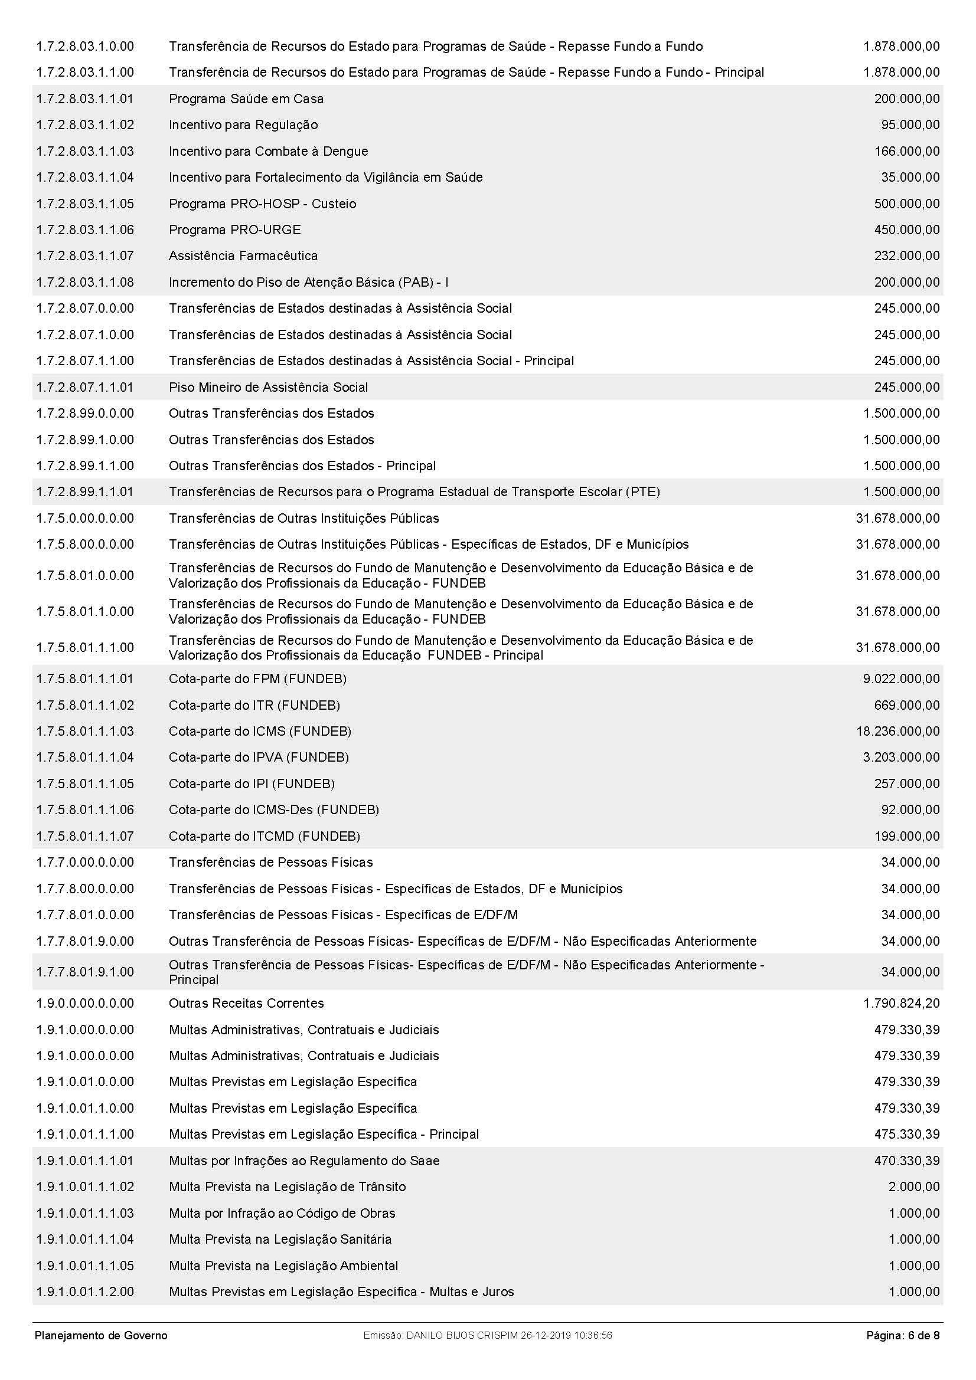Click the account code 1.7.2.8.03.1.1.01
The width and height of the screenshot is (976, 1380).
click(x=85, y=99)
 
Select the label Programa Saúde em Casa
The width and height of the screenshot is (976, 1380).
click(x=246, y=99)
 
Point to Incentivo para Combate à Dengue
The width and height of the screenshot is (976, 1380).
click(x=268, y=152)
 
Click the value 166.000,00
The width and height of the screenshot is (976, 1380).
click(x=906, y=152)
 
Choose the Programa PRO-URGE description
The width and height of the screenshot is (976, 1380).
click(x=234, y=230)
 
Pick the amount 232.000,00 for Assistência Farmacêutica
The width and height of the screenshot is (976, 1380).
click(x=906, y=256)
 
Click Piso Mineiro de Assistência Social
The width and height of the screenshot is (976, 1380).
click(x=268, y=387)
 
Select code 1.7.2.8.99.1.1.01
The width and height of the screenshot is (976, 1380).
click(x=85, y=491)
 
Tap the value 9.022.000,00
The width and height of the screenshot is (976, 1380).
click(x=901, y=678)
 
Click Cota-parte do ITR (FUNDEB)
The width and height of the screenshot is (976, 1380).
click(x=254, y=705)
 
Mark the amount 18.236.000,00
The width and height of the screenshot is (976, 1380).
click(x=898, y=732)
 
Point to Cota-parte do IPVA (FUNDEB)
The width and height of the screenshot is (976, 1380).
click(x=259, y=758)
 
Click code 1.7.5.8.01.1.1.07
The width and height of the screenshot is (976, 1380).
click(x=85, y=836)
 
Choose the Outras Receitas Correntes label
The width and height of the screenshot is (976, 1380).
click(x=246, y=1003)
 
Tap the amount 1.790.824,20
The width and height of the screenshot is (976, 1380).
click(x=901, y=1003)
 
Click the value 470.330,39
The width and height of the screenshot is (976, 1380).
click(x=906, y=1161)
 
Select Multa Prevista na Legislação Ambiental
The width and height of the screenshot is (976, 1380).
click(x=283, y=1265)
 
